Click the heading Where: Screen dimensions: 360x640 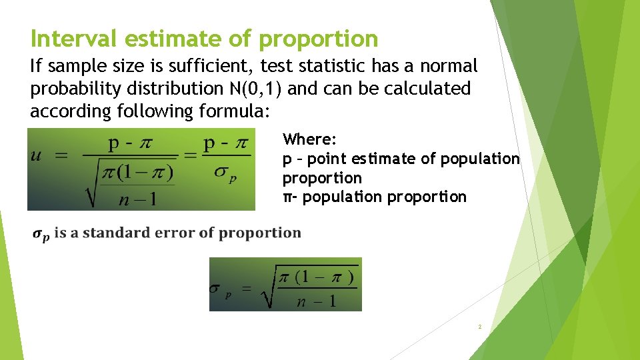(x=310, y=139)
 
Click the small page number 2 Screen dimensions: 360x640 (x=479, y=327)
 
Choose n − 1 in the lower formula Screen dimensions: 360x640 (x=317, y=301)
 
